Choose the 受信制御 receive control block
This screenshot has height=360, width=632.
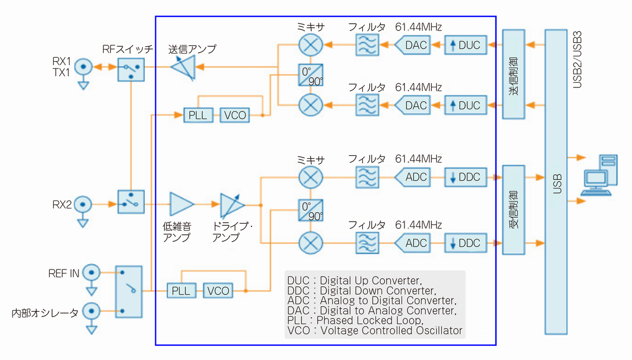coord(513,210)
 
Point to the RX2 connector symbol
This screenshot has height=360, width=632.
coord(83,204)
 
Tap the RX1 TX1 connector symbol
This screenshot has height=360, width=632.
coord(83,67)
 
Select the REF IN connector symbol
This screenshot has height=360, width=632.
coord(92,273)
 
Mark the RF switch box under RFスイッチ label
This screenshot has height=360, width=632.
coord(130,68)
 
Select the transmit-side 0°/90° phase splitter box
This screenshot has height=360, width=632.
coord(310,75)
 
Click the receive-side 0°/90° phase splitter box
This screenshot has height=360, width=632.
coord(310,210)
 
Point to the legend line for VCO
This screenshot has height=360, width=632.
coord(374,331)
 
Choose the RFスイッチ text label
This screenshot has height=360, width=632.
coord(128,50)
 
